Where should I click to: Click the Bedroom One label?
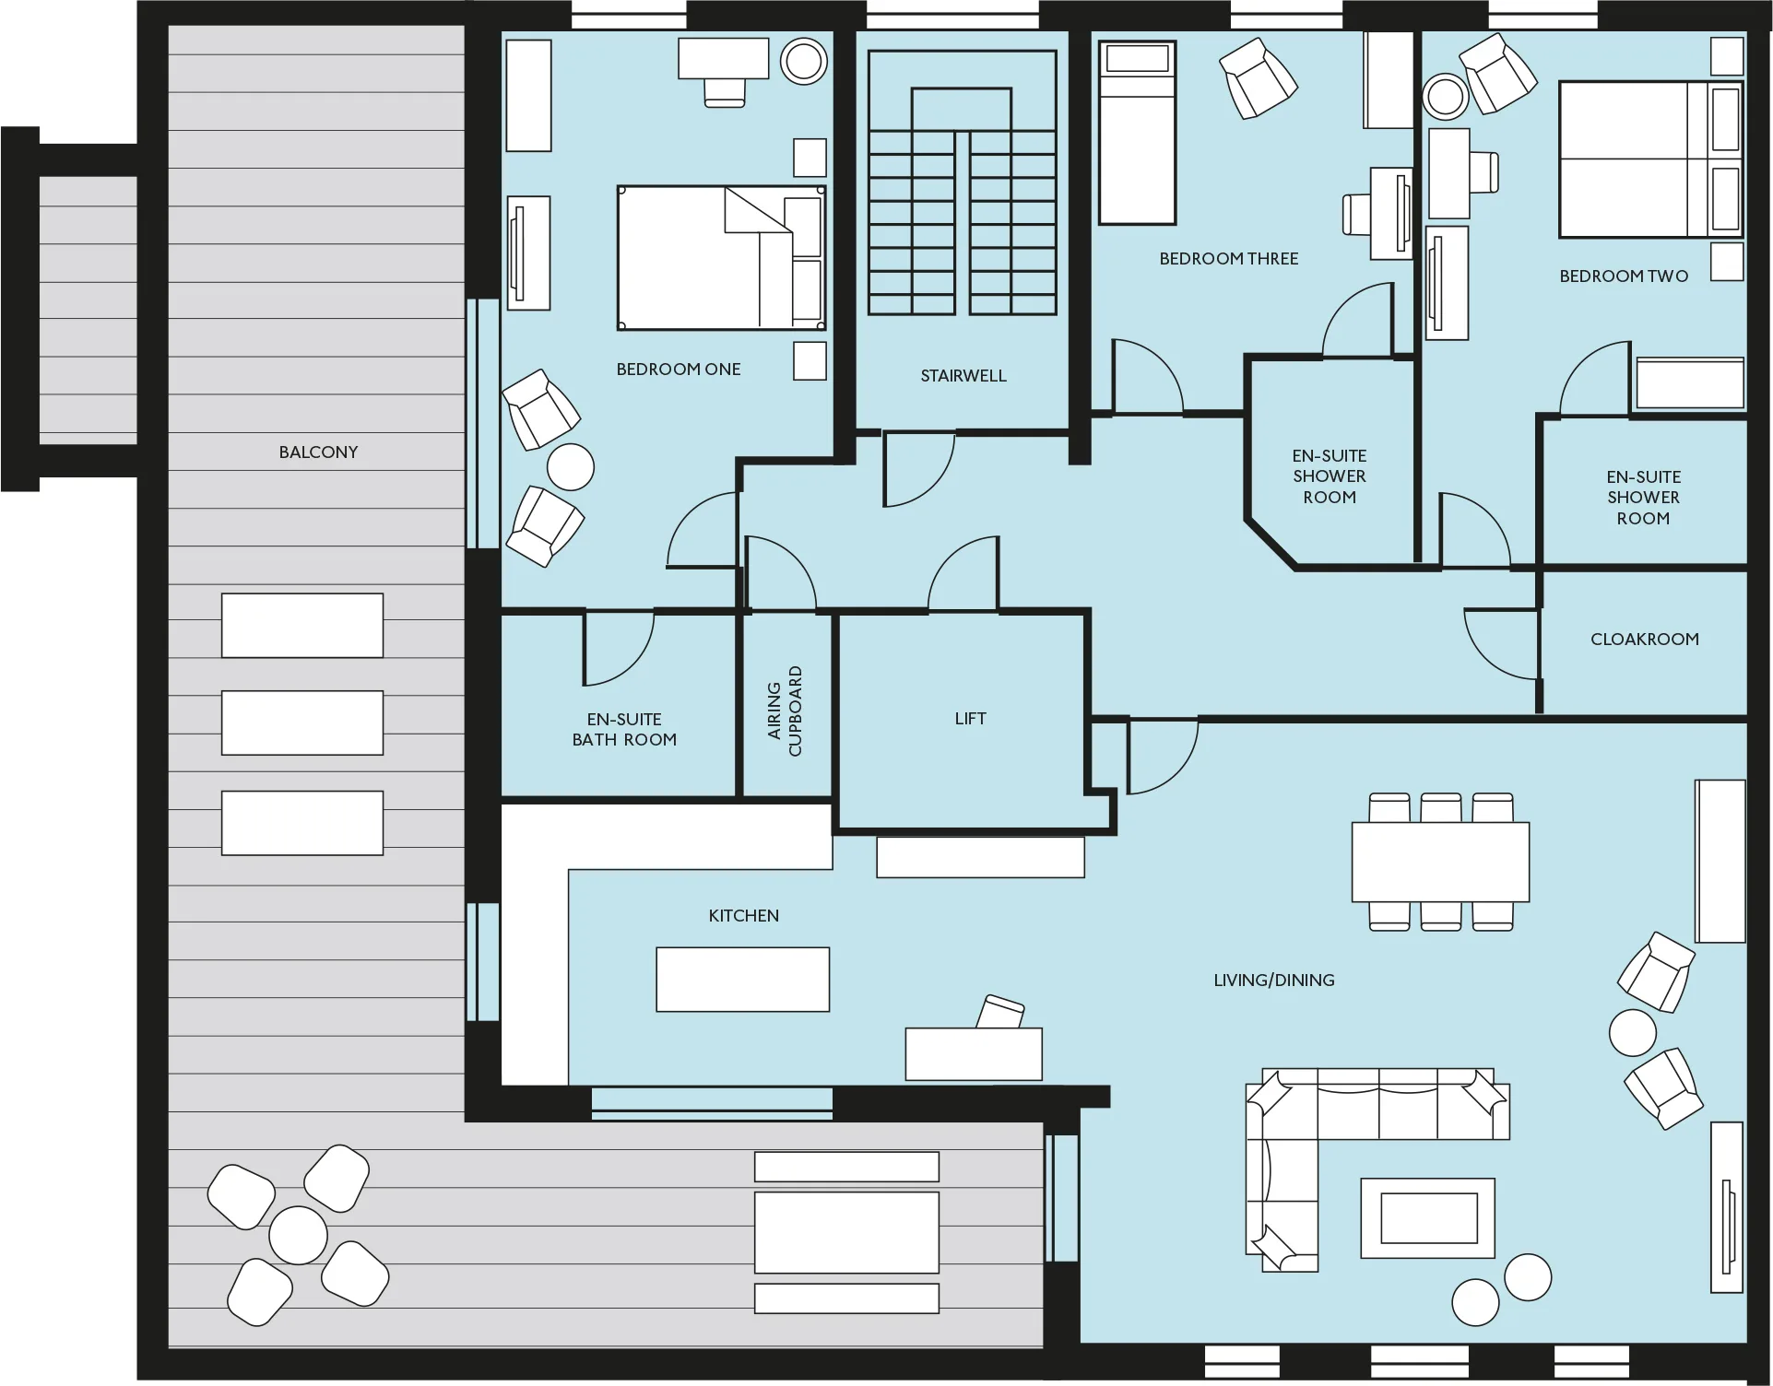[679, 370]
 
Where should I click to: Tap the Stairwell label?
[963, 376]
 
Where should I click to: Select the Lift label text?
[970, 719]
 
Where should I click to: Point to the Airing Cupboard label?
[786, 711]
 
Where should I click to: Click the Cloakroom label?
[1645, 640]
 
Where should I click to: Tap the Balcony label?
[318, 452]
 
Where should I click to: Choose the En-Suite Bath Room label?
[624, 730]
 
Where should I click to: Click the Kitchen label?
[744, 916]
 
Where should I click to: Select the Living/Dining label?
[1274, 981]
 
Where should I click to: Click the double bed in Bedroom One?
[721, 258]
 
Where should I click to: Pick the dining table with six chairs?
[1440, 862]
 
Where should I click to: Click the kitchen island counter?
[743, 980]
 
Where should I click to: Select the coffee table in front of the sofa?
[1428, 1217]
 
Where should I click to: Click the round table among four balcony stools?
[298, 1235]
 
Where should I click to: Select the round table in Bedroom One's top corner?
[804, 61]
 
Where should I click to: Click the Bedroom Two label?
[1624, 276]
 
